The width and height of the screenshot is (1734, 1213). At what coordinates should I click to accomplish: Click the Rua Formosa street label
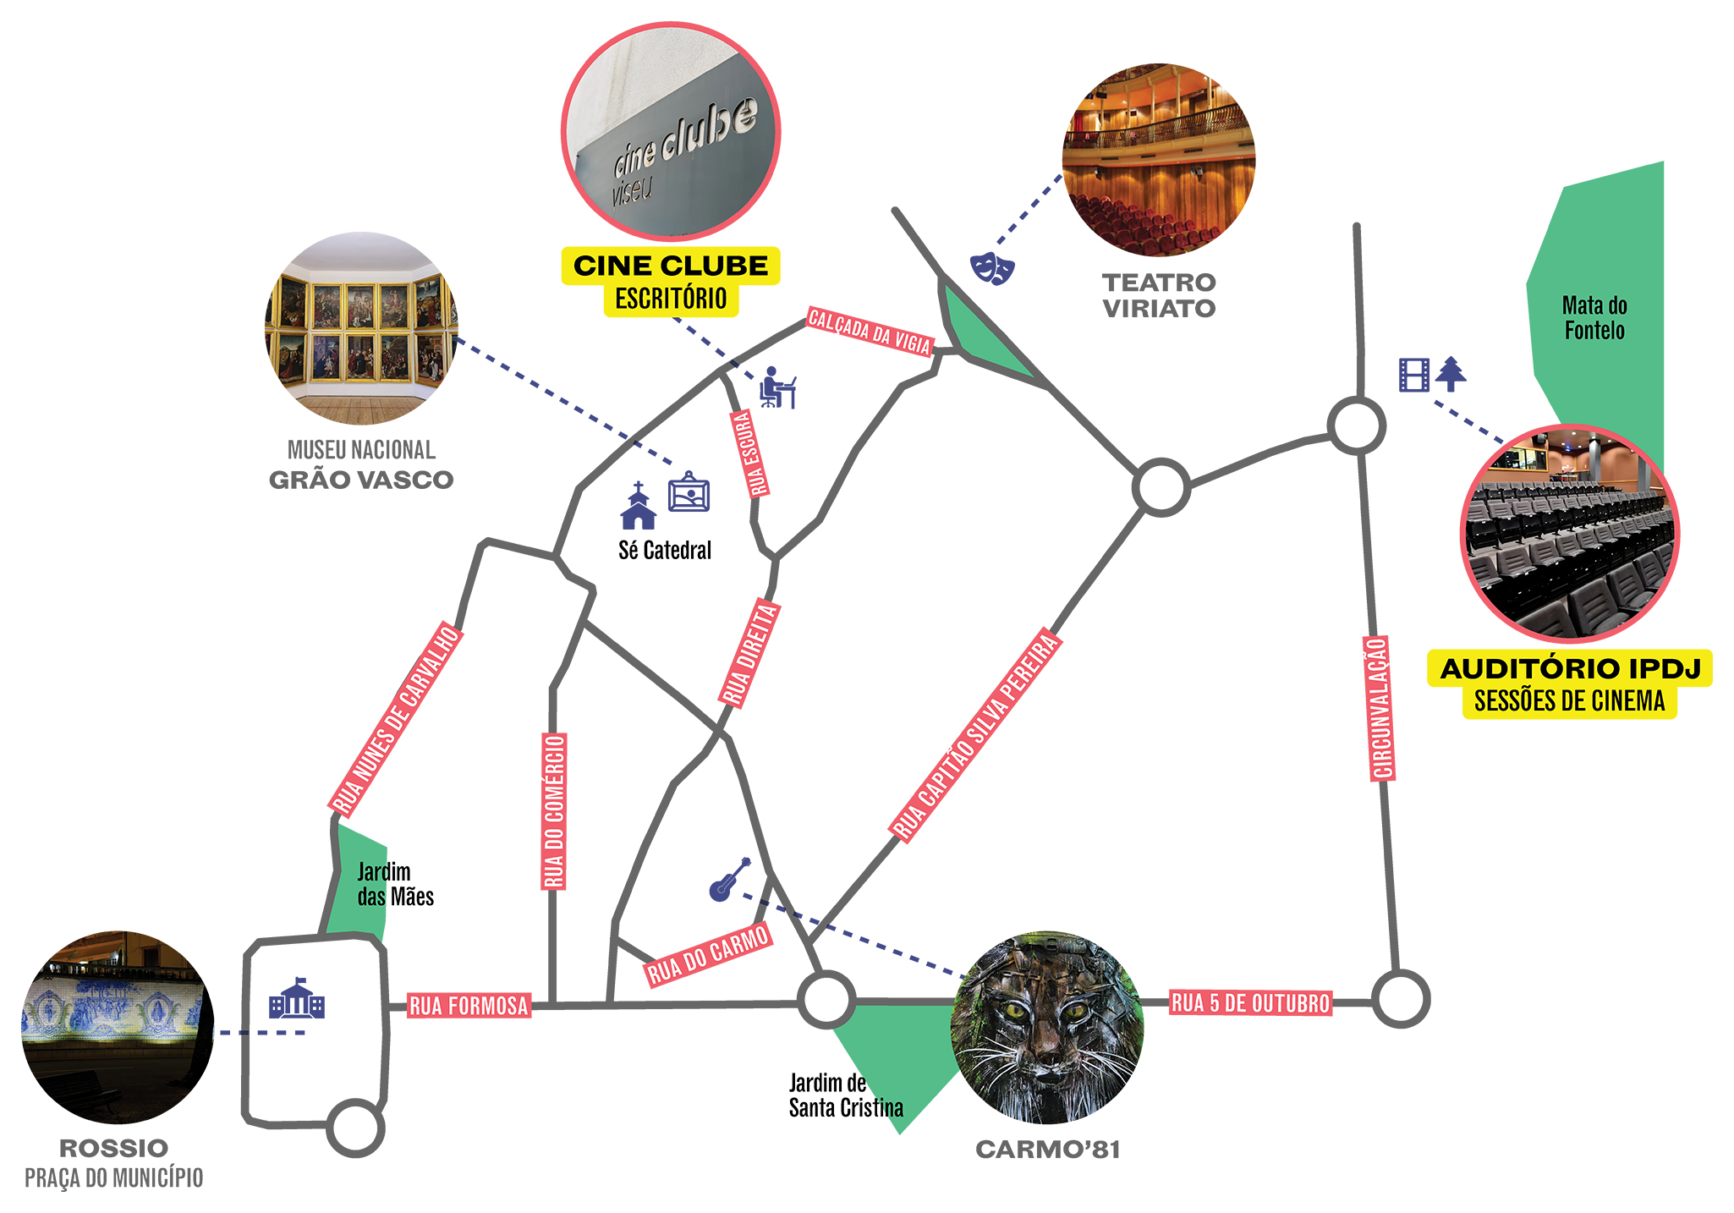pyautogui.click(x=469, y=1005)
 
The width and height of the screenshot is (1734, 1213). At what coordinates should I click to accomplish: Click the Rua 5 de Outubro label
pyautogui.click(x=1250, y=1003)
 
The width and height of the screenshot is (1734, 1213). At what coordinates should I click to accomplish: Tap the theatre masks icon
pyautogui.click(x=991, y=268)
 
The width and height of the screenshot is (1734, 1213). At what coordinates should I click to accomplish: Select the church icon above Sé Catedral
pyautogui.click(x=638, y=507)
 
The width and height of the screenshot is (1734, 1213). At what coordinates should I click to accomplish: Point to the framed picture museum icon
pyautogui.click(x=689, y=492)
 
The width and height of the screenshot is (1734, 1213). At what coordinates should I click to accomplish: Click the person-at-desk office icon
pyautogui.click(x=776, y=388)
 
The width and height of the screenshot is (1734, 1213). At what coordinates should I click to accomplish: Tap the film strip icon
pyautogui.click(x=1414, y=375)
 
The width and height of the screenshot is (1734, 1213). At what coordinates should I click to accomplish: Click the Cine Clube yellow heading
pyautogui.click(x=671, y=266)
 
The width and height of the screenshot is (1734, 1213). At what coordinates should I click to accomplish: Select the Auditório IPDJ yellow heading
pyautogui.click(x=1570, y=668)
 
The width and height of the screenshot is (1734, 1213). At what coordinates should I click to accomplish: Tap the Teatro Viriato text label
pyautogui.click(x=1159, y=295)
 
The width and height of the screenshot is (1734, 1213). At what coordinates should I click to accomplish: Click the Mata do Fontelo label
pyautogui.click(x=1594, y=317)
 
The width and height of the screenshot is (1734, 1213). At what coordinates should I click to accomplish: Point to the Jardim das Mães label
pyautogui.click(x=395, y=884)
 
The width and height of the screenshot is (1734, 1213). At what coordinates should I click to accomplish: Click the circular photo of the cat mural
pyautogui.click(x=1047, y=1028)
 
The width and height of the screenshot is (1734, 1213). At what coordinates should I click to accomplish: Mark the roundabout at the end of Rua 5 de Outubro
pyautogui.click(x=1401, y=999)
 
